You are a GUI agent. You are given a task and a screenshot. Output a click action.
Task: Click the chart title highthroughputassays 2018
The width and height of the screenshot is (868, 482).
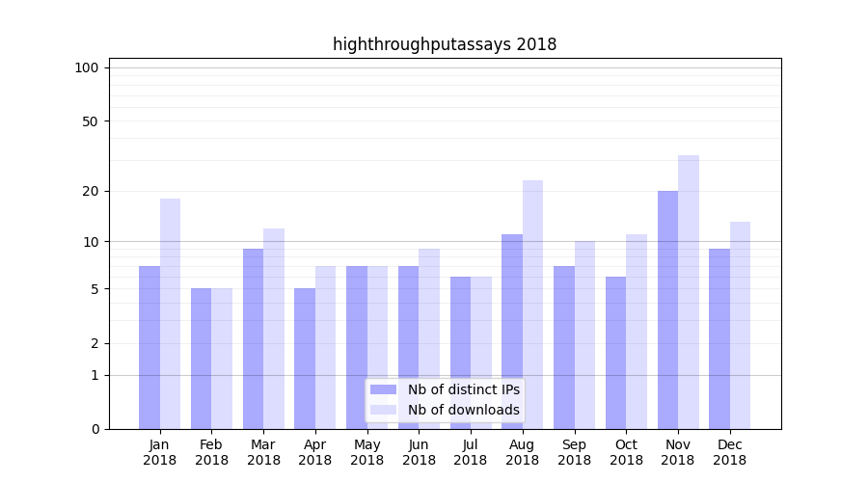coord(445,44)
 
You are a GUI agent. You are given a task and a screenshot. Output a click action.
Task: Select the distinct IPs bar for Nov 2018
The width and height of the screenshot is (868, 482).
coord(667,309)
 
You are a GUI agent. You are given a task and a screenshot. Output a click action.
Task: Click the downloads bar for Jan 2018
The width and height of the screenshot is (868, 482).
coord(170,313)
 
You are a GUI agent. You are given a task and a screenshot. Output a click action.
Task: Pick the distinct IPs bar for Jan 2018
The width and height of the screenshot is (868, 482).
coord(149,347)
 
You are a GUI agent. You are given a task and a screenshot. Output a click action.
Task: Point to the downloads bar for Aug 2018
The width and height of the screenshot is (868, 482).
coord(532,305)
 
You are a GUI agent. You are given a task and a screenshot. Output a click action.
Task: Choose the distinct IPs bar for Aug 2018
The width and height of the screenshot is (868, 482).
coord(512,332)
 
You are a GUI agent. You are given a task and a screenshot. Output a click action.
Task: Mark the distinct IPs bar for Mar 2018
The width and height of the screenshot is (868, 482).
coord(253,338)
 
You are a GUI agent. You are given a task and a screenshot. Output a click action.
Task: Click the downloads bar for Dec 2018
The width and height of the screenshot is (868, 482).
coord(740,325)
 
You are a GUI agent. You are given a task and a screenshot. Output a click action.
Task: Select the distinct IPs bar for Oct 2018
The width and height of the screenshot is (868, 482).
coord(615,353)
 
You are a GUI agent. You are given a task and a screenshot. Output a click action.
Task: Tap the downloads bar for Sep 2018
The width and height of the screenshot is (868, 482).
coord(584,335)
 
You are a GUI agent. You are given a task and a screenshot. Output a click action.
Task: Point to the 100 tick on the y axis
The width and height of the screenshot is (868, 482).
coord(87,67)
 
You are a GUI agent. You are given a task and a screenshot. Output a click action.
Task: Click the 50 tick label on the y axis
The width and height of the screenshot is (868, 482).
coord(91,121)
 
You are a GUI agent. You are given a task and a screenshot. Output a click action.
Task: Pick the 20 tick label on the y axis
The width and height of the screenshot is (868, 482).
coord(91,191)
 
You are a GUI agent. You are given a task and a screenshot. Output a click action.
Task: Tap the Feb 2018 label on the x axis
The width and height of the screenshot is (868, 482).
coord(211,452)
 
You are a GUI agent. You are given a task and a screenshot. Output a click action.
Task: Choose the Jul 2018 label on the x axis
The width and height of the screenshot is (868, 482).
coord(471,452)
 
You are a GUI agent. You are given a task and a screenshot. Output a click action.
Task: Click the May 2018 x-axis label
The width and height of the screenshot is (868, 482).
coord(366,452)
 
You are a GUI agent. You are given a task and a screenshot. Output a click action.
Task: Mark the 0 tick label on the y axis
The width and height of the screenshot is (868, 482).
coord(95,429)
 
